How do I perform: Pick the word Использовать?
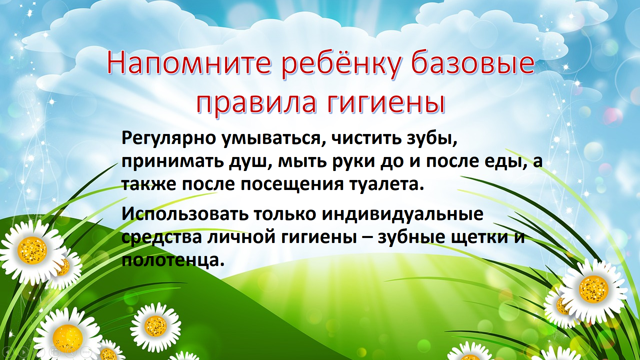click(x=185, y=214)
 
